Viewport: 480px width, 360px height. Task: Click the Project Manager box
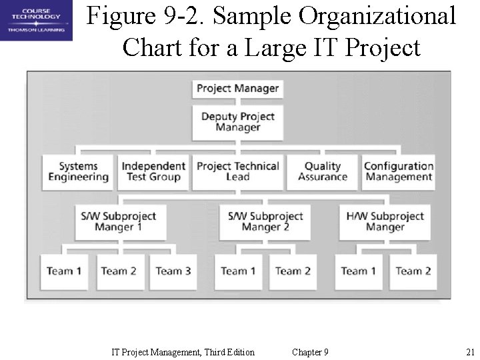[238, 89]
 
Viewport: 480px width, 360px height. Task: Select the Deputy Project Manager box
[238, 122]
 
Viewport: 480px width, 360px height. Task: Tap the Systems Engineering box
[78, 172]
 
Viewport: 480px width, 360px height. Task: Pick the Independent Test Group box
[153, 172]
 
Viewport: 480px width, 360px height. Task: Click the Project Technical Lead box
[238, 172]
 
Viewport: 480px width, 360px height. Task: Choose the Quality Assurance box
[323, 172]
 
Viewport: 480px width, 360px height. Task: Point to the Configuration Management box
[399, 172]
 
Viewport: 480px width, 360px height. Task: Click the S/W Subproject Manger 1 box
[119, 222]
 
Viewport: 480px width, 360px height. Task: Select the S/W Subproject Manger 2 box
[265, 222]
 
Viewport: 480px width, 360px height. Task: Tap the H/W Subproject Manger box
[385, 222]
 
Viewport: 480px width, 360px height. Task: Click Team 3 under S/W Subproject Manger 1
[173, 271]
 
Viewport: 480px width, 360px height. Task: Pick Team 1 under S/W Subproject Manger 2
[238, 271]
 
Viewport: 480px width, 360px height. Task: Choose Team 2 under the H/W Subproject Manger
[413, 271]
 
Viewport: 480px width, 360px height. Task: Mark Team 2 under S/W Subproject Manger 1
[119, 271]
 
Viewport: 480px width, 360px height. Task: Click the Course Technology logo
[36, 21]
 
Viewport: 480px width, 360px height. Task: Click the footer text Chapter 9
[310, 352]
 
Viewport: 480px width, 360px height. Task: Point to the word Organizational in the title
[378, 16]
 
